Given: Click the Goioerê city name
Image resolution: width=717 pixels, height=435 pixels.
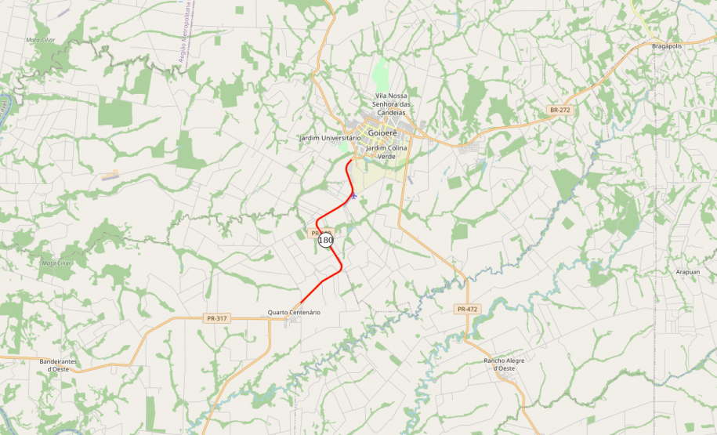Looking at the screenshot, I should click(382, 132).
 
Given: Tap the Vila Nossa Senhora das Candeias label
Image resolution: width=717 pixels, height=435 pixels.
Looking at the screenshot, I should click(393, 104).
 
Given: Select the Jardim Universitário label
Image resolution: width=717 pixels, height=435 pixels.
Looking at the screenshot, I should click(330, 138).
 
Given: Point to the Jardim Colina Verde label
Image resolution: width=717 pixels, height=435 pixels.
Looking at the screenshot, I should click(387, 152).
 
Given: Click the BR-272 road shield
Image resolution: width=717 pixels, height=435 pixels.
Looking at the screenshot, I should click(559, 111).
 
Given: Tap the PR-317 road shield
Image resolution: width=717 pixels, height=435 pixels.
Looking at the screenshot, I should click(215, 318).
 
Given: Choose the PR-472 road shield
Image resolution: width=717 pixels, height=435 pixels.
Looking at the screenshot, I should click(466, 310).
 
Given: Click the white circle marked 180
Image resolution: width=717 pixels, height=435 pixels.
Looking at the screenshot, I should click(326, 241).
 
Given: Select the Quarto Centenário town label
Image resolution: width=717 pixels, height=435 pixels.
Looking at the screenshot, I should click(294, 313).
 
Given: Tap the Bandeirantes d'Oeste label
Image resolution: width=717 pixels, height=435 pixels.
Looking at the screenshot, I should click(58, 364).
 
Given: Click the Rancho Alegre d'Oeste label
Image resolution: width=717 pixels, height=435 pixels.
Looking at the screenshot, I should click(504, 364).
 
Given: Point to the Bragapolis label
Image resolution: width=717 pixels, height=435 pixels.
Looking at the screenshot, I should click(667, 46).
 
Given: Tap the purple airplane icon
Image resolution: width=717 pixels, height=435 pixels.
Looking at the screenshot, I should click(354, 196).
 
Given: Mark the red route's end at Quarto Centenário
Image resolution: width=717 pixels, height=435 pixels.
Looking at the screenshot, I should click(300, 303).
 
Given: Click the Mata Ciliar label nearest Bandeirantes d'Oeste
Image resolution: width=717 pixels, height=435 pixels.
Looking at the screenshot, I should click(56, 263).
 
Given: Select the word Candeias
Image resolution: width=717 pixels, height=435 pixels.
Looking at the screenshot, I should click(393, 113).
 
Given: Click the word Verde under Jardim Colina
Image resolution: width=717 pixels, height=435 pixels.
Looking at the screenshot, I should click(387, 157).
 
